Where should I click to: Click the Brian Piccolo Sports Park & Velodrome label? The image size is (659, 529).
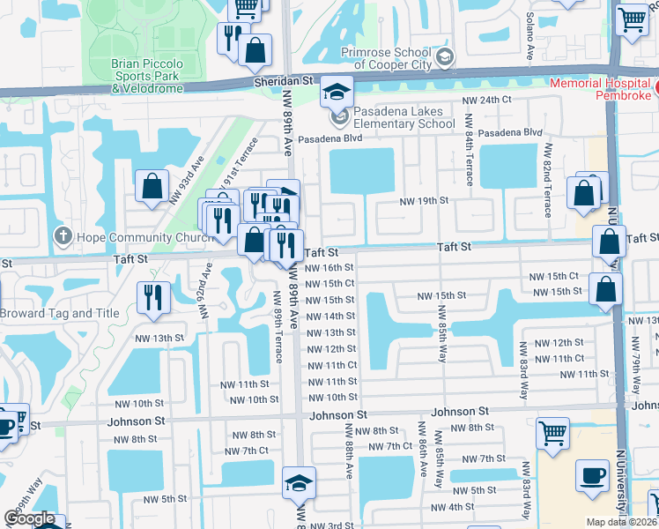coord(147,76)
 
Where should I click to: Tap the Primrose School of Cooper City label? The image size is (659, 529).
coord(396,57)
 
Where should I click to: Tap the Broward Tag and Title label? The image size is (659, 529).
coord(59,313)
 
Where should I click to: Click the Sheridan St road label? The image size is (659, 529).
coord(284,80)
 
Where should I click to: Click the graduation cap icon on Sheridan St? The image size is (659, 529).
coord(335,91)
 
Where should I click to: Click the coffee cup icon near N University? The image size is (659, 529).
coord(591,476)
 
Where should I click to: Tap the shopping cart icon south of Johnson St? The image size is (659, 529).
coord(552,432)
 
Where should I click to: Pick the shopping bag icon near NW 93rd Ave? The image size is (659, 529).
coord(152,186)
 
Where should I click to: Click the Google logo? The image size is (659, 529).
coord(30,518)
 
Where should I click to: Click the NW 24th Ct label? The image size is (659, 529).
coord(491,100)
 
